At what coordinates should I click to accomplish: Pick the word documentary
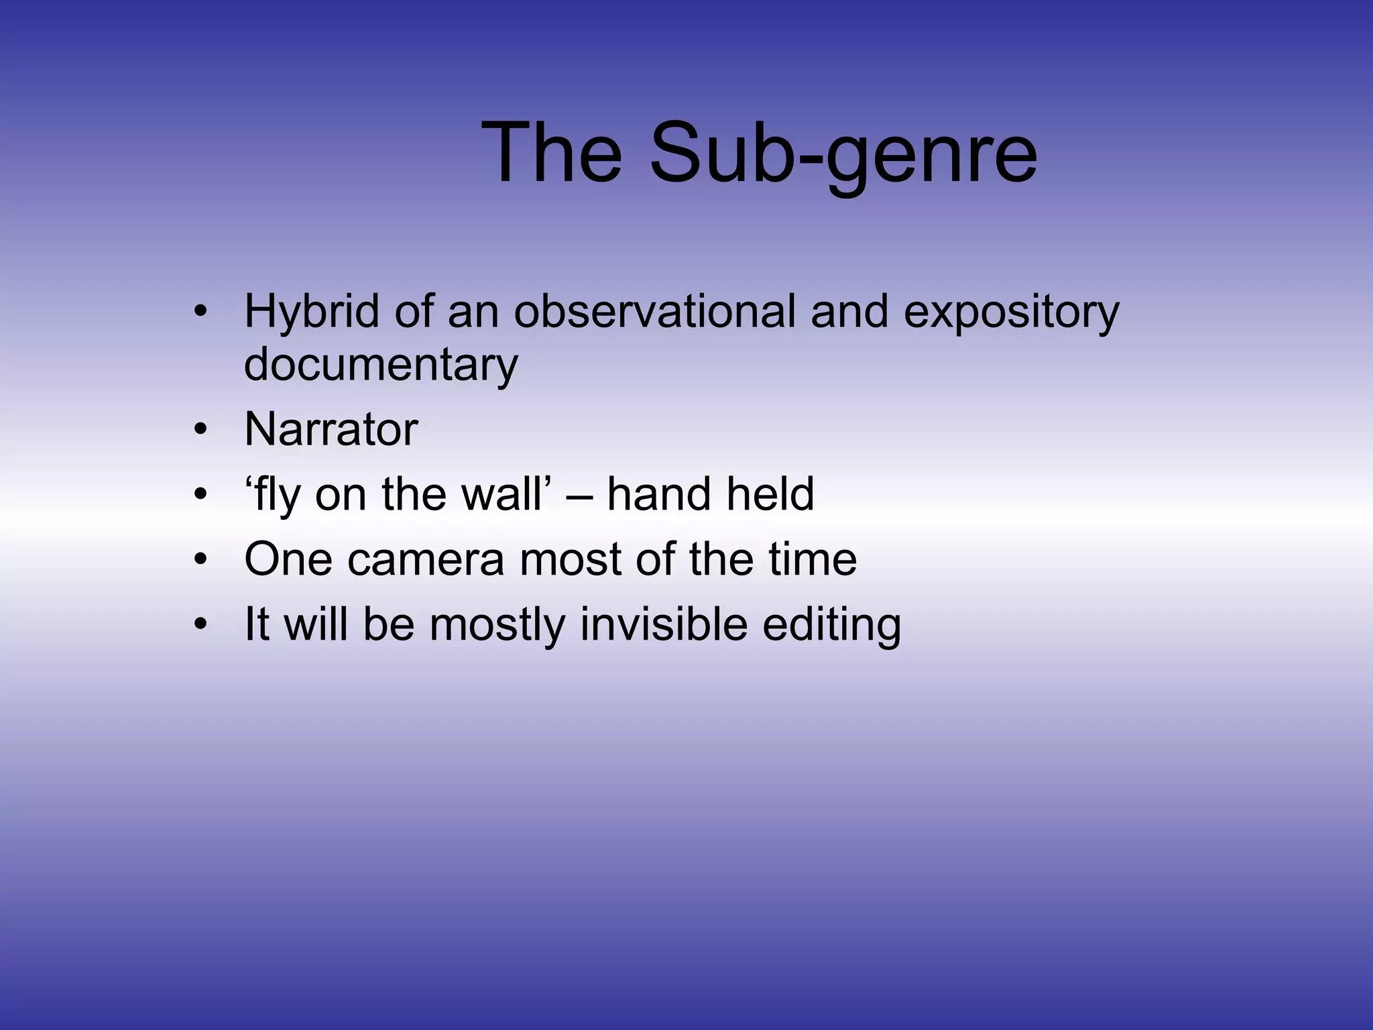pyautogui.click(x=381, y=365)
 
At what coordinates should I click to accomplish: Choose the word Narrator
pyautogui.click(x=331, y=429)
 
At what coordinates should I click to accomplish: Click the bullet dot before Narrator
pyautogui.click(x=200, y=429)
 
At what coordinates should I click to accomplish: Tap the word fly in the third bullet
pyautogui.click(x=274, y=495)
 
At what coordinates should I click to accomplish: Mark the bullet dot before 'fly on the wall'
pyautogui.click(x=200, y=495)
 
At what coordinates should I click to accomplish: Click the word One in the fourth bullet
pyautogui.click(x=288, y=559)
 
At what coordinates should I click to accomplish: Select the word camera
pyautogui.click(x=425, y=560)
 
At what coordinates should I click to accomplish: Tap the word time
pyautogui.click(x=813, y=559)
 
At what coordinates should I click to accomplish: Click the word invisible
pyautogui.click(x=663, y=624)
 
